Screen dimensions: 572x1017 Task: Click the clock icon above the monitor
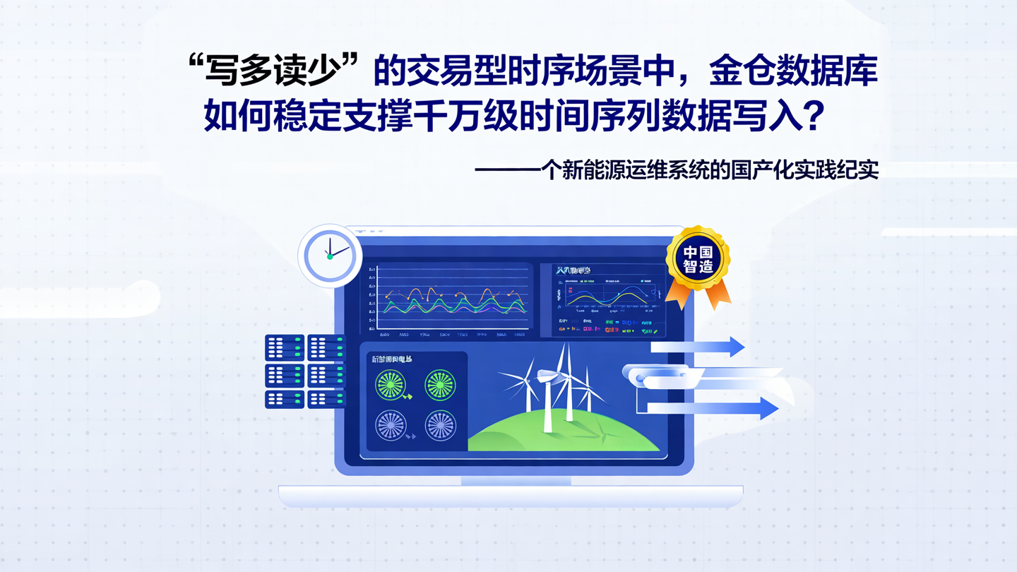(x=330, y=256)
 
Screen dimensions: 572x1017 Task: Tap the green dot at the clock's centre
(x=330, y=257)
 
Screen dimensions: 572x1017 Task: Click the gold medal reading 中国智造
(x=698, y=258)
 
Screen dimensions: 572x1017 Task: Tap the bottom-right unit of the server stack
(x=326, y=399)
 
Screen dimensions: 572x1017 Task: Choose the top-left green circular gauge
(x=391, y=386)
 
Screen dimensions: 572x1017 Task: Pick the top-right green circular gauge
(x=440, y=385)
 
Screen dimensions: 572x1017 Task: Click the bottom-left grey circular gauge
(x=391, y=426)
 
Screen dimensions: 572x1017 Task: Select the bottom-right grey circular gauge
(x=440, y=426)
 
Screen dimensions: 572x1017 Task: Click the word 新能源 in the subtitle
(x=587, y=170)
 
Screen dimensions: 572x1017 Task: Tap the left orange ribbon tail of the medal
(x=679, y=297)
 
